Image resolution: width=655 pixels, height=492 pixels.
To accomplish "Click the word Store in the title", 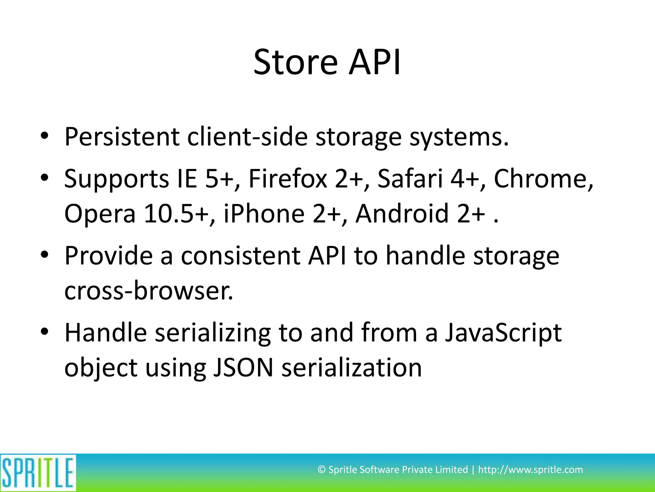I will point(295,62).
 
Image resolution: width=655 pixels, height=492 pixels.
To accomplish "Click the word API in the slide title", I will point(375,62).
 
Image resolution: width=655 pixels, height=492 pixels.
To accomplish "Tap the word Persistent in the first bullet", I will point(122,137).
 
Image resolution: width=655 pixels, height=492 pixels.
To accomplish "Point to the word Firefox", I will point(288,178).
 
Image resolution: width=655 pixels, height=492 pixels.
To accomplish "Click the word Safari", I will point(410,178).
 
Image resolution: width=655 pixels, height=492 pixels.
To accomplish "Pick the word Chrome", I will point(543,178).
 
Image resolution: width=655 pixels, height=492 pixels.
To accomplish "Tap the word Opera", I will point(100,214).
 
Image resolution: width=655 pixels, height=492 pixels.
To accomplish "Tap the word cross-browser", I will point(149,291).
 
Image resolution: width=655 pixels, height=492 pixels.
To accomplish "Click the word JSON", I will point(243,368).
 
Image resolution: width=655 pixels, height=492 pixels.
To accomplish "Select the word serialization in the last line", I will point(351,368).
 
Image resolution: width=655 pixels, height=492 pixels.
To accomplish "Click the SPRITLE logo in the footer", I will point(38,472).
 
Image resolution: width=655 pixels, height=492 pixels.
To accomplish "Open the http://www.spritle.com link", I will point(530,470).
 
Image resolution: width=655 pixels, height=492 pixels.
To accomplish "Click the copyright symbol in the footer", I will point(321,470).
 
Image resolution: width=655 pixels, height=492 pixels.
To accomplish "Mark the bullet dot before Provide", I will point(44,255).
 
